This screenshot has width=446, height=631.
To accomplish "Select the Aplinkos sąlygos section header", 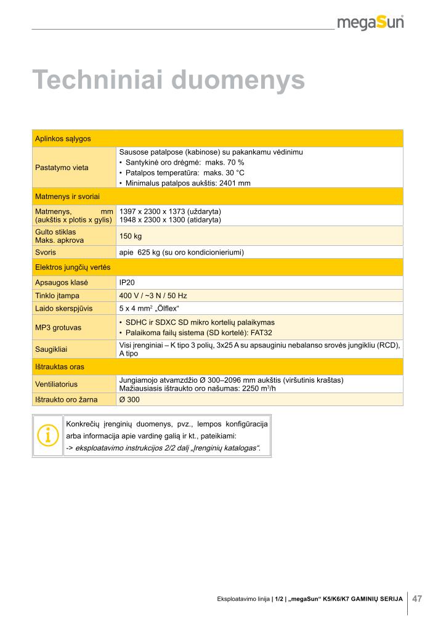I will pos(63,139).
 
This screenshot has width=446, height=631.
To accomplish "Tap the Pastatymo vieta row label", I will pos(62,168).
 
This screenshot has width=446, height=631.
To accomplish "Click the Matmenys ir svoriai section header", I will pos(68,196).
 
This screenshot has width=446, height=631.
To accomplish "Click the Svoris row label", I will pos(46,252).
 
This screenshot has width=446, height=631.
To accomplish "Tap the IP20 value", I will pos(127,282).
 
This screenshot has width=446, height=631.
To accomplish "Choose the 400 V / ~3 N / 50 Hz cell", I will pos(153,296).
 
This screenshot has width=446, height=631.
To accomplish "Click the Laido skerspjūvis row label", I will pos(64,307).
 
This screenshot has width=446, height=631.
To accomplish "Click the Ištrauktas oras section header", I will pos(60,367).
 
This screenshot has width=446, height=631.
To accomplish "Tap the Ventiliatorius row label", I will pos(61,383).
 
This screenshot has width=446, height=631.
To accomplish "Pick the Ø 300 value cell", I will pos(129,400).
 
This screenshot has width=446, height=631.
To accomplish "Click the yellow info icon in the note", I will pos(47,436).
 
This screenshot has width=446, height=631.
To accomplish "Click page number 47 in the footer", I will pos(417,598).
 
